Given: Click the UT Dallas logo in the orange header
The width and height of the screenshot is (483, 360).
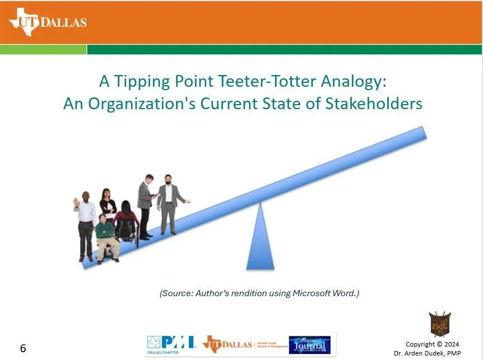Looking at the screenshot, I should point(48,22).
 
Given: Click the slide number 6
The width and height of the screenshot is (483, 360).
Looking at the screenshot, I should point(23,348).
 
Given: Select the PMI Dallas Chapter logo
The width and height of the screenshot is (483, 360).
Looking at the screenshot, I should point(170,344).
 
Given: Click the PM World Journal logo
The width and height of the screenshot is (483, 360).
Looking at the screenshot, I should point(309,344).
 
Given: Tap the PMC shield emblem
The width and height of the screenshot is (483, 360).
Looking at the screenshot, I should point(440,324).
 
